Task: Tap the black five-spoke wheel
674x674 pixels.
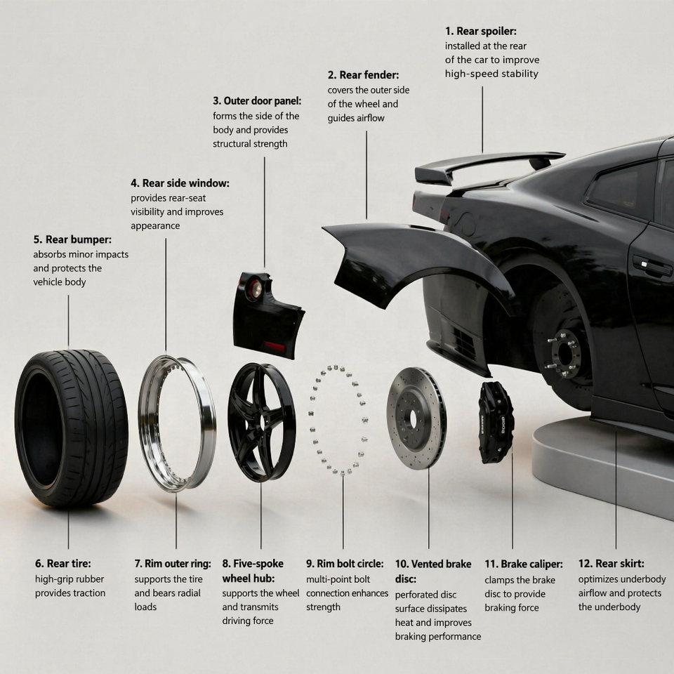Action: point(261,422)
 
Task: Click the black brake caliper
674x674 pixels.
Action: point(495,422)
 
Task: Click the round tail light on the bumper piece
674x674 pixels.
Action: point(256,289)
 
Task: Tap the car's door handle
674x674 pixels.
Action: point(652,265)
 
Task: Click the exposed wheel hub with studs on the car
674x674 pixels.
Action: point(564,353)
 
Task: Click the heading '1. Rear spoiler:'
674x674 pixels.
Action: point(480,32)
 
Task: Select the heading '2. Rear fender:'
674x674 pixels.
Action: point(363,75)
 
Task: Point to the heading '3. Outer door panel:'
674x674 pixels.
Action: point(257,101)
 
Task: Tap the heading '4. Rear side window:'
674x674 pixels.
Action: point(180,183)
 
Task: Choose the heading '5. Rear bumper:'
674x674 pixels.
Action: point(72,239)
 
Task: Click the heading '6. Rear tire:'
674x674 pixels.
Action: point(62,564)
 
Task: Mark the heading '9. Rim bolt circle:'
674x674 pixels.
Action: point(345,564)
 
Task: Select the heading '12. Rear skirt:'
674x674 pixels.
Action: point(611,564)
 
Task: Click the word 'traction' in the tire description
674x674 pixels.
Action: point(88,593)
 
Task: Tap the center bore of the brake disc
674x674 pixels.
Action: point(413,418)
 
